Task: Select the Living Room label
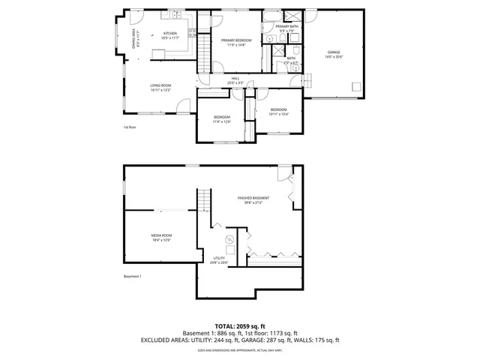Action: click(160, 88)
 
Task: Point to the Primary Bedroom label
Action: click(235, 43)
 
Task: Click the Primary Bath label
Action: click(286, 28)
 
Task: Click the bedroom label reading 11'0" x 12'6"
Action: click(221, 119)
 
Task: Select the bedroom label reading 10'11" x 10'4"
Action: click(279, 112)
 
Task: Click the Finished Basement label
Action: click(253, 199)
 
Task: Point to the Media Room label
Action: click(161, 238)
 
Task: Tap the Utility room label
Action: click(218, 259)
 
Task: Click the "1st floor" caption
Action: click(130, 127)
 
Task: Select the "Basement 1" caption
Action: click(132, 277)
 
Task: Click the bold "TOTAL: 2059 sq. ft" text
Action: click(240, 326)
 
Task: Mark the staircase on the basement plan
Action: click(203, 201)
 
